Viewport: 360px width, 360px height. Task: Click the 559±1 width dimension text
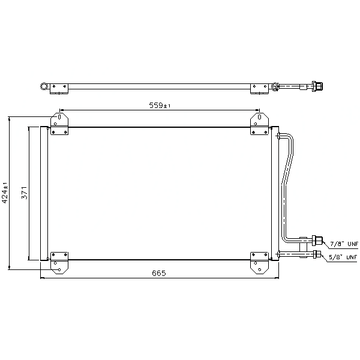[160, 106]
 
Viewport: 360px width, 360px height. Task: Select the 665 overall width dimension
[159, 273]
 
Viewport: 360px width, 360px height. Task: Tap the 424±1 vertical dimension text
[5, 193]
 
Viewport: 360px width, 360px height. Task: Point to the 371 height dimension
[25, 193]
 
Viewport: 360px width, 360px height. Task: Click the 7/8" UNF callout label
[344, 244]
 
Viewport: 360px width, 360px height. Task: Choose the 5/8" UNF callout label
[343, 257]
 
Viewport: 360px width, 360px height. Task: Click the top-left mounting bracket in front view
[59, 124]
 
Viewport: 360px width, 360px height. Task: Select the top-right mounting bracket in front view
[259, 124]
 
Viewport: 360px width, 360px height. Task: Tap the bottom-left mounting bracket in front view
[59, 263]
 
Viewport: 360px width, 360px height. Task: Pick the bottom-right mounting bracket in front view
[259, 263]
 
